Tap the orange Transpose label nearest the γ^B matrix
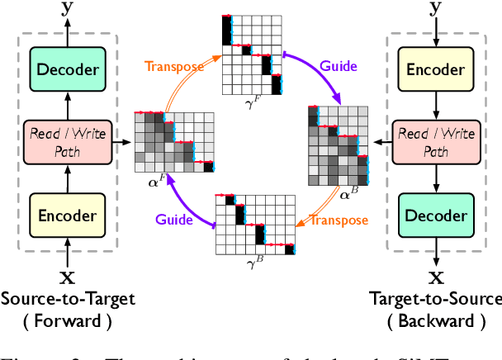tap(339, 221)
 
